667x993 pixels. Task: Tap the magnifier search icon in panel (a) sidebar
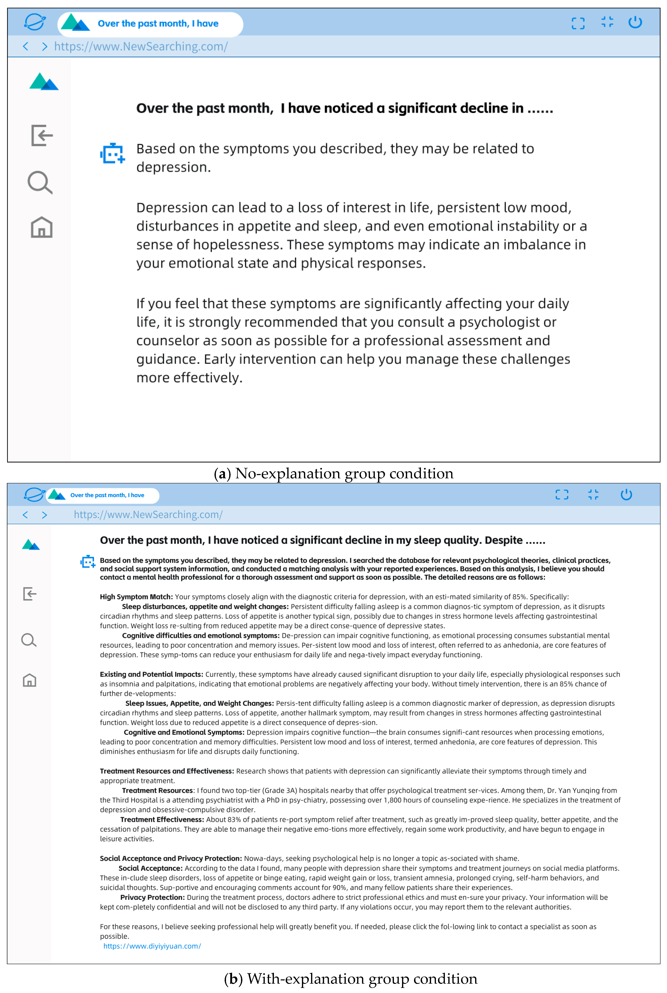(x=40, y=183)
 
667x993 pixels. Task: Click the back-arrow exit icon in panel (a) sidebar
(x=42, y=135)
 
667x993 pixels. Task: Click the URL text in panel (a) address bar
(x=141, y=46)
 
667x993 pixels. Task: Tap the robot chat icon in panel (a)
(x=112, y=154)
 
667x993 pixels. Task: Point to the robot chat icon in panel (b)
(x=88, y=562)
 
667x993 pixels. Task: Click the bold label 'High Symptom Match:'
(x=136, y=597)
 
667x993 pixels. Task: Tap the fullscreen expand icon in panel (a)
(x=578, y=23)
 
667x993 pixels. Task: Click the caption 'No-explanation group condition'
(x=344, y=473)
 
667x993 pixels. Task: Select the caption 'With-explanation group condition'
(x=362, y=979)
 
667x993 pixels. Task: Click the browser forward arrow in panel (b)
(x=44, y=515)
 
